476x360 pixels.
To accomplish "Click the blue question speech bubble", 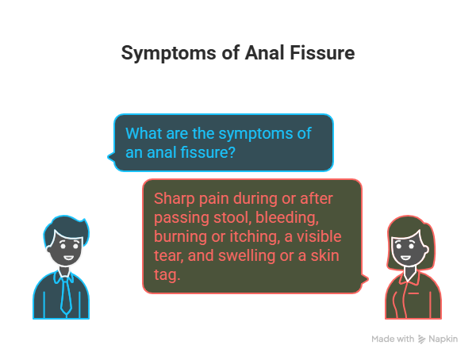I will [x=222, y=141].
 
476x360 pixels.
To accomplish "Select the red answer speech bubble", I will [x=252, y=236].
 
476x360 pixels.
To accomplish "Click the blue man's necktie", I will [x=67, y=294].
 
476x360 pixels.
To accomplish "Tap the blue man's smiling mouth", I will [x=66, y=259].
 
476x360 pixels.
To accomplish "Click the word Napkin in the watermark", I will [x=445, y=339].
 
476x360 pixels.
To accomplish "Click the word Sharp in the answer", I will [x=174, y=198].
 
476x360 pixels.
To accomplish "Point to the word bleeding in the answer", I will [x=292, y=216].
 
